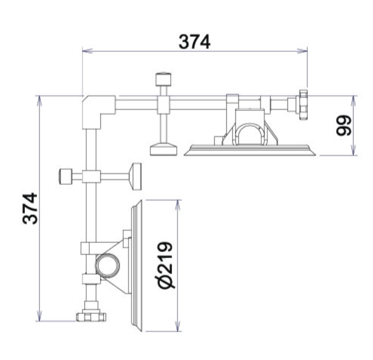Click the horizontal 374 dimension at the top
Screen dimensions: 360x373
[x=194, y=42]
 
